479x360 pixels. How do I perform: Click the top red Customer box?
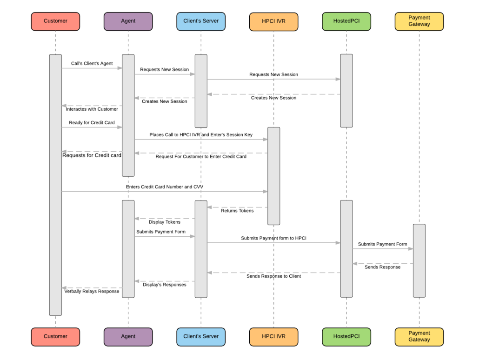55,21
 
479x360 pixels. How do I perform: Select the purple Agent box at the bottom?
128,336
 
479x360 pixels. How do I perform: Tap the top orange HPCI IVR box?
273,21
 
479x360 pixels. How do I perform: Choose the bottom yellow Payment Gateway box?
419,336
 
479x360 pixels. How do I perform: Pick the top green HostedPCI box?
346,21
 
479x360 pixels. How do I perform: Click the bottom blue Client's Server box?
201,336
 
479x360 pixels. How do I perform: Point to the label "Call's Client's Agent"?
92,63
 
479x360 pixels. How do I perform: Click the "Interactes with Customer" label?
92,109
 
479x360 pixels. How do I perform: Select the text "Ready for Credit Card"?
92,123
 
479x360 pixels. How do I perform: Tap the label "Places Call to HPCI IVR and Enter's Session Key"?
201,135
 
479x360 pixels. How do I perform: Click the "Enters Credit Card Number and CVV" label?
164,187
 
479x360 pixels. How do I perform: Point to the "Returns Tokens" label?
237,211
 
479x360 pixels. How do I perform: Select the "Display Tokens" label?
164,222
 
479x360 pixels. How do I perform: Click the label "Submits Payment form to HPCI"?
273,238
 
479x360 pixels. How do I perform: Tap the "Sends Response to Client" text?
273,276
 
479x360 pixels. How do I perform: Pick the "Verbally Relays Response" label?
92,292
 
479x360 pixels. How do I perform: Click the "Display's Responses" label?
164,285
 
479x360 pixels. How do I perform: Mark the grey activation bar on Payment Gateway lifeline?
419,260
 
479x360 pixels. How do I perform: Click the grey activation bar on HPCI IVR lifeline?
273,176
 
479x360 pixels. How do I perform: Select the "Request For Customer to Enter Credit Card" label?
201,157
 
